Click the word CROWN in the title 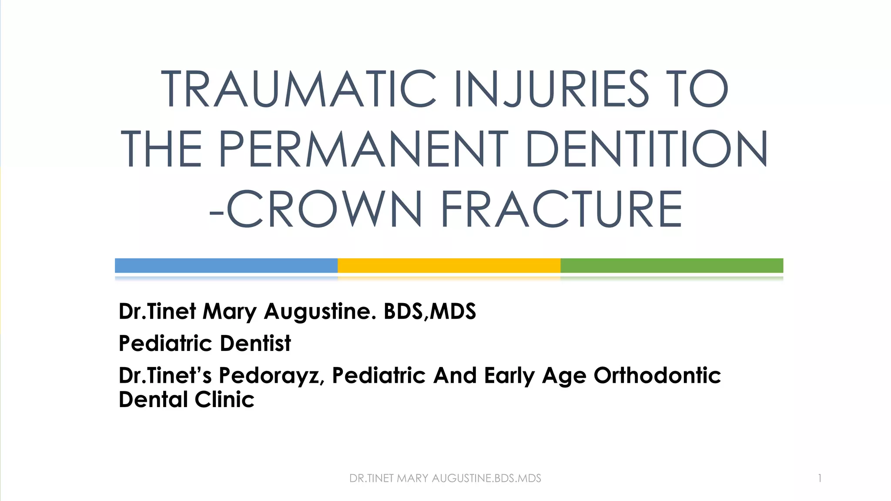pos(325,209)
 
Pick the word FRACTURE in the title pos(562,209)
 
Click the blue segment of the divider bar pos(226,265)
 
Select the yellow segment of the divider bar pos(449,265)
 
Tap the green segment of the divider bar pos(672,265)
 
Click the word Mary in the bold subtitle pos(230,312)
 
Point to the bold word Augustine pos(320,312)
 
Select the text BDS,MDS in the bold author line pos(430,312)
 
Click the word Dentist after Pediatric pos(255,344)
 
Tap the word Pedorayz pos(271,376)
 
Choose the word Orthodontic pos(657,376)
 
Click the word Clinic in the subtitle pos(224,400)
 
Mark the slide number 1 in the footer pos(820,478)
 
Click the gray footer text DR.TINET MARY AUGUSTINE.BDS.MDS pos(445,478)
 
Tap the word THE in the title pos(161,149)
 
